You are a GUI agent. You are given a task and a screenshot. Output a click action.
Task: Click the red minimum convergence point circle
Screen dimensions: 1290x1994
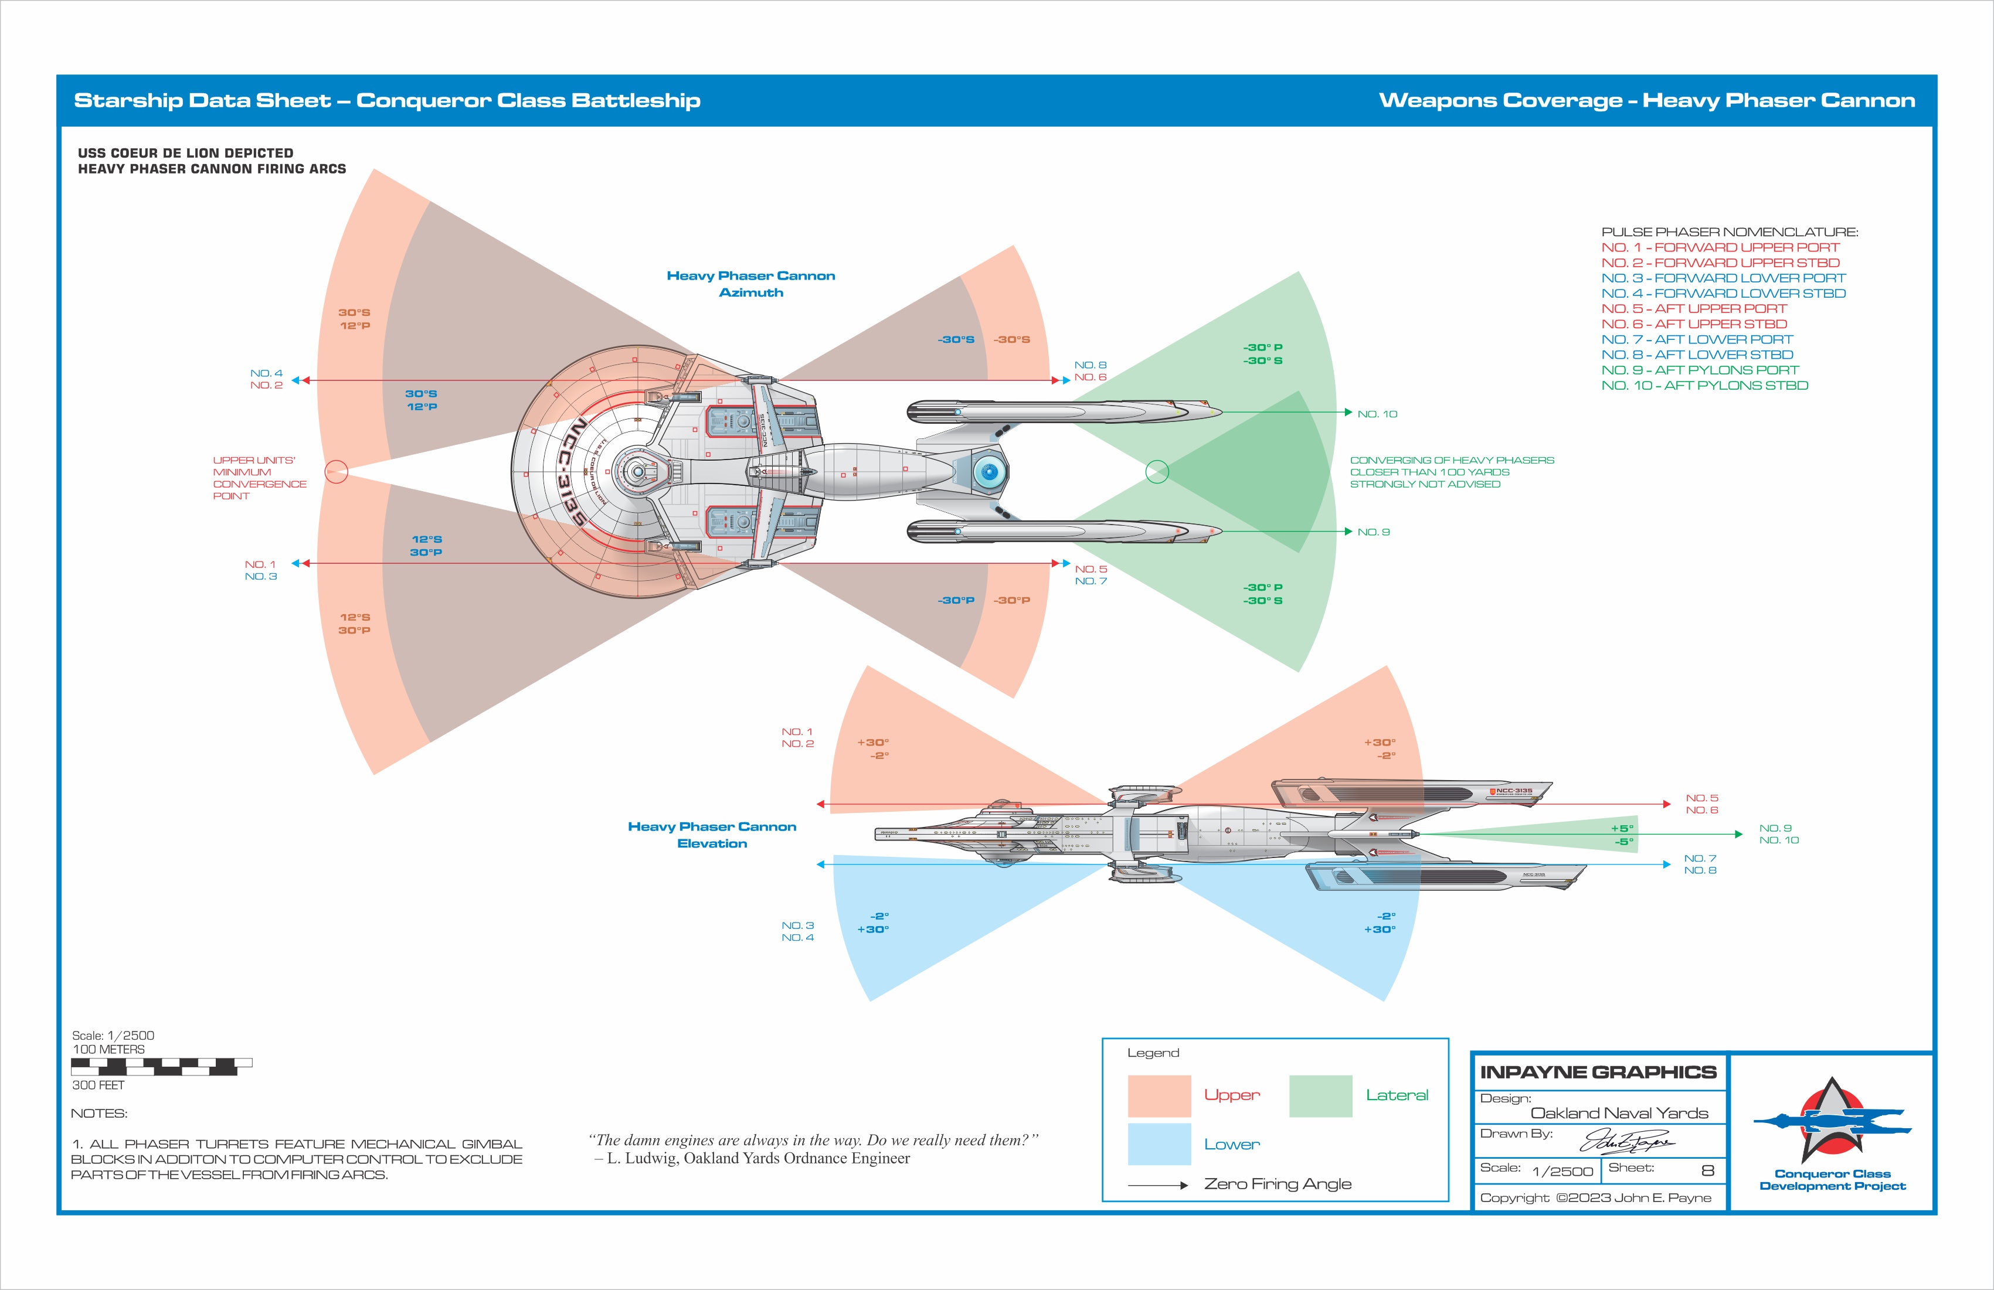336,472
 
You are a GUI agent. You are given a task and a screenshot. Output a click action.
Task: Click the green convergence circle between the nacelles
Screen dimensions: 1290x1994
1157,472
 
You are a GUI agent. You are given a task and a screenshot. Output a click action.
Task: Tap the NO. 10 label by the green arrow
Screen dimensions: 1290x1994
1377,414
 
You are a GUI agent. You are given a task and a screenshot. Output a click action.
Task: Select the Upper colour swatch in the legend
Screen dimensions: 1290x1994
1159,1095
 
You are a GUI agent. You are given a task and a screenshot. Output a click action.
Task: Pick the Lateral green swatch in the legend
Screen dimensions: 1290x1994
1320,1095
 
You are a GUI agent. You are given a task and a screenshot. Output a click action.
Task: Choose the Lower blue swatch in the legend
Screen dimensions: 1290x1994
1159,1144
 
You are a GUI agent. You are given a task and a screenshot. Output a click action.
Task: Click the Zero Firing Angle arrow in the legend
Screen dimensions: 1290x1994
1158,1185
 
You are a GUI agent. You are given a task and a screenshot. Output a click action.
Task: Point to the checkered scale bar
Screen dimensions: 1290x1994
162,1066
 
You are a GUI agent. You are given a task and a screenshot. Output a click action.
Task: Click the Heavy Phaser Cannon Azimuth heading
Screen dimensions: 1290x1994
750,284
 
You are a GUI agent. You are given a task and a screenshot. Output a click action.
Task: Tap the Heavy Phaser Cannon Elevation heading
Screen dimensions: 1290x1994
712,835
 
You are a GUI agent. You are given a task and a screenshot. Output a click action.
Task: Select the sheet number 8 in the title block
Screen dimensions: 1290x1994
1707,1170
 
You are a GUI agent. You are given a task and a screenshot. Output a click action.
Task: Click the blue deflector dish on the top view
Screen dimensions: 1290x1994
988,472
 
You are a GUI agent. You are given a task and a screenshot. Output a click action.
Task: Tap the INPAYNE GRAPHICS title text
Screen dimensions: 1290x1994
1598,1072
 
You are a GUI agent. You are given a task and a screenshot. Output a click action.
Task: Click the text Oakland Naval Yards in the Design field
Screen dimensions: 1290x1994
1619,1113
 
